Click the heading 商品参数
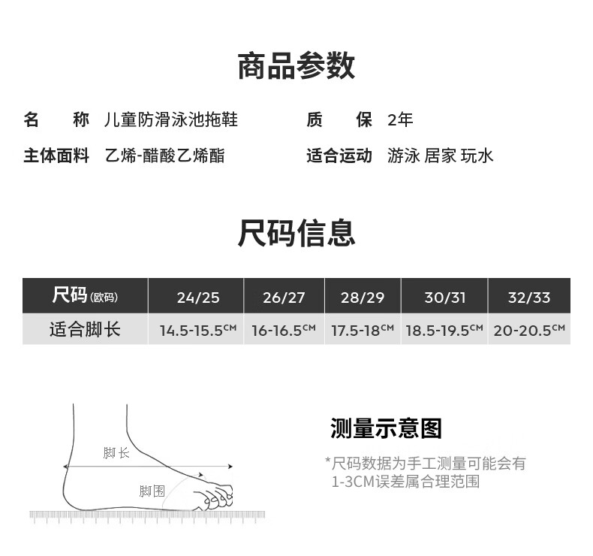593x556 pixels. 296,66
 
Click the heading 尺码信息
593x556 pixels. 296,233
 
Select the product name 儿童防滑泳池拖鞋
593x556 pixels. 172,119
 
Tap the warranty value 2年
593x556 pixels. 400,119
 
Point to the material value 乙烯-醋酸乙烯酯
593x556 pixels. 164,156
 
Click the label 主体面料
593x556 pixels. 56,156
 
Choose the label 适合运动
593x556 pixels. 339,156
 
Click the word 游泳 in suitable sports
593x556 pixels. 403,156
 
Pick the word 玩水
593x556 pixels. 477,156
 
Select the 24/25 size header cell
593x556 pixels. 198,298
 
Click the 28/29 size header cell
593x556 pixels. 363,298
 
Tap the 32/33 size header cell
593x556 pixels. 529,298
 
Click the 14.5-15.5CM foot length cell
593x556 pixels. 198,330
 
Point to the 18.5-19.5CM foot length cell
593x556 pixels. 444,330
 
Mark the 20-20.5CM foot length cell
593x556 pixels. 529,330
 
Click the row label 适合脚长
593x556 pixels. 85,330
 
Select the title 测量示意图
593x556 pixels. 386,428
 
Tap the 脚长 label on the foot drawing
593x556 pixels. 116,453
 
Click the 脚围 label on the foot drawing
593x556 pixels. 152,491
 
